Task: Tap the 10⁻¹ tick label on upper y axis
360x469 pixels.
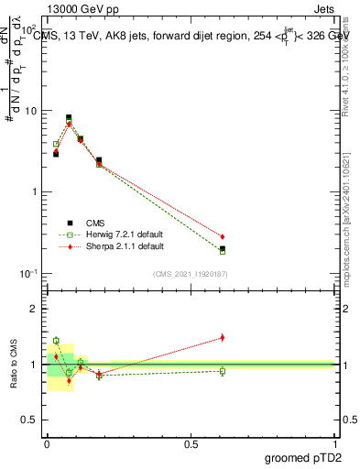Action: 29,274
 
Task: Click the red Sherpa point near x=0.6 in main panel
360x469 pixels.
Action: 223,236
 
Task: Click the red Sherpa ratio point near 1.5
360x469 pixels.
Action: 223,337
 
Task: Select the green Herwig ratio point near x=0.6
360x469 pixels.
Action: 223,371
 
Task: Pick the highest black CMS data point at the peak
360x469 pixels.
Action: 70,117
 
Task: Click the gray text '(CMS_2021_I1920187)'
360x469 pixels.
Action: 190,274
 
